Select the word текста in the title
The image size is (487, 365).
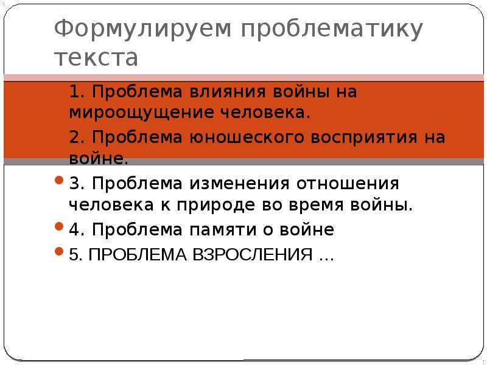coord(96,58)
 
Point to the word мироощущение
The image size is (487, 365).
coord(144,113)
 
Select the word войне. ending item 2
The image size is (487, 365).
coord(99,159)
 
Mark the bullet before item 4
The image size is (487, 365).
coord(59,228)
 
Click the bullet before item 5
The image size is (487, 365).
coord(59,251)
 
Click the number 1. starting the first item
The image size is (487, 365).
coord(76,92)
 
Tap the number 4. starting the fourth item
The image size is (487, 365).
coord(76,230)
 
